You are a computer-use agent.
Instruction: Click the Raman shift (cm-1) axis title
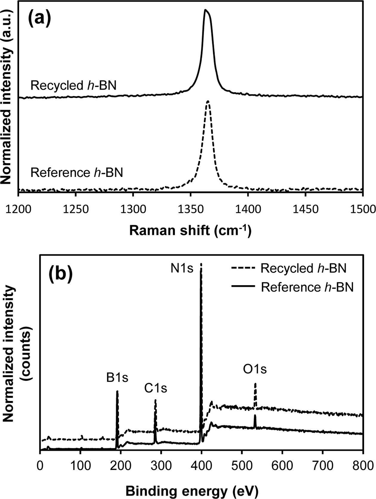(190, 231)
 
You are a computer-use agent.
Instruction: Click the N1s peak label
(182, 269)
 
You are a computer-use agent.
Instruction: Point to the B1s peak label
(117, 378)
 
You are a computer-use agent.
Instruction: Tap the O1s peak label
(255, 370)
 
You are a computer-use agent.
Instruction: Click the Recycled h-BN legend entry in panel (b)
(303, 268)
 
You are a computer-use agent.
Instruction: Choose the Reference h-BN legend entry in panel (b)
(307, 287)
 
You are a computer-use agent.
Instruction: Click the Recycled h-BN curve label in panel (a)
(73, 86)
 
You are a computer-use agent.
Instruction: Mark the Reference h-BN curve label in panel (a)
(77, 173)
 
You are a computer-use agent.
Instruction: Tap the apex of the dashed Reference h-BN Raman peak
(208, 101)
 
